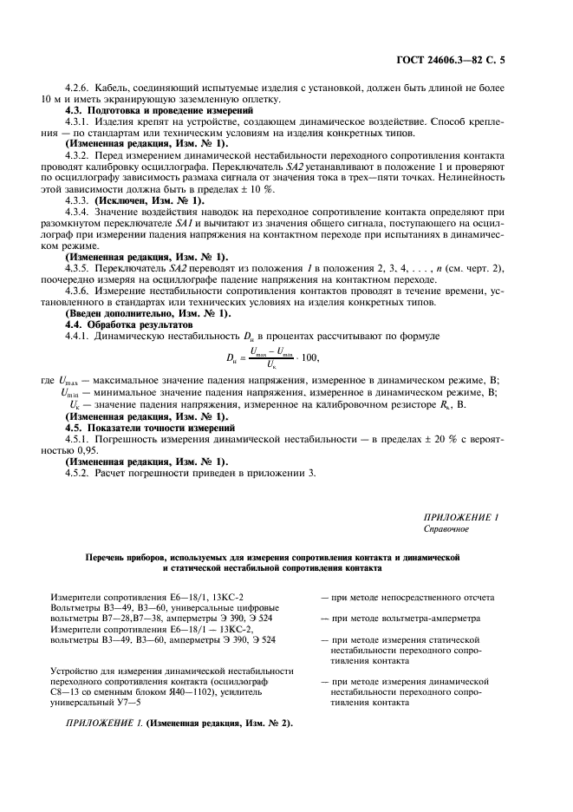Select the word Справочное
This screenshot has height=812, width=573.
[x=446, y=527]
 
